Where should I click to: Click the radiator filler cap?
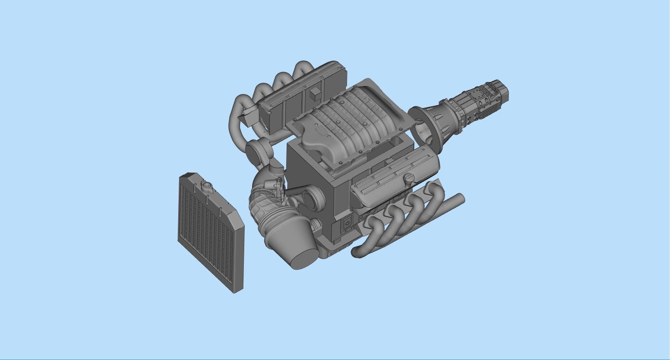(x=207, y=186)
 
